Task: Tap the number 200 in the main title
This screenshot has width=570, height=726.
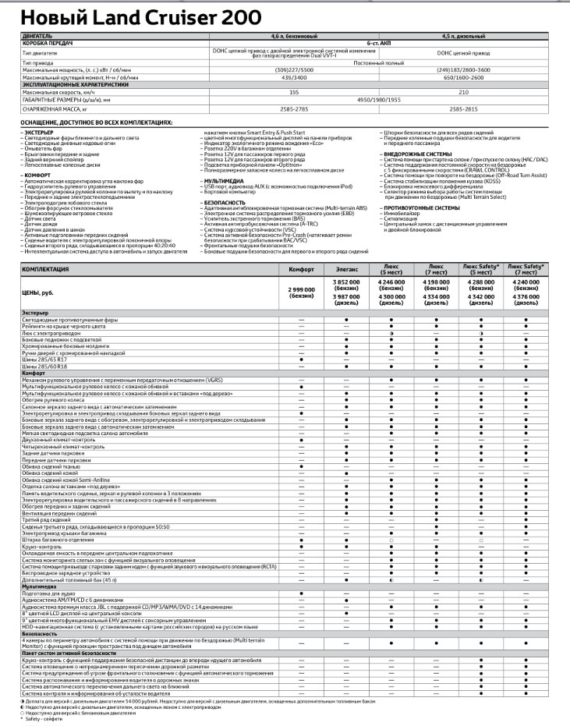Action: coord(238,16)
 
